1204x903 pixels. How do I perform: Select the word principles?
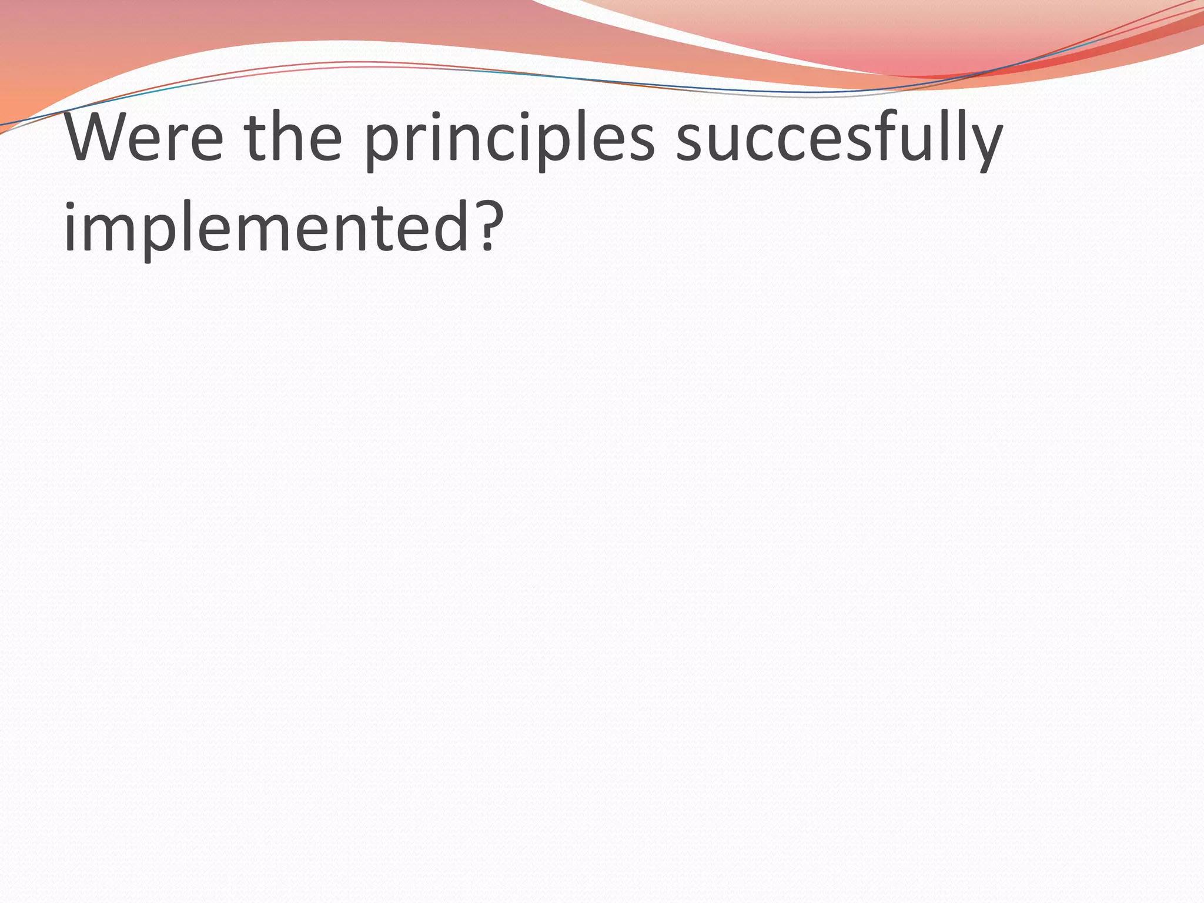(x=509, y=141)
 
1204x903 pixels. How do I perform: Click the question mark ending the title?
(x=488, y=226)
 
